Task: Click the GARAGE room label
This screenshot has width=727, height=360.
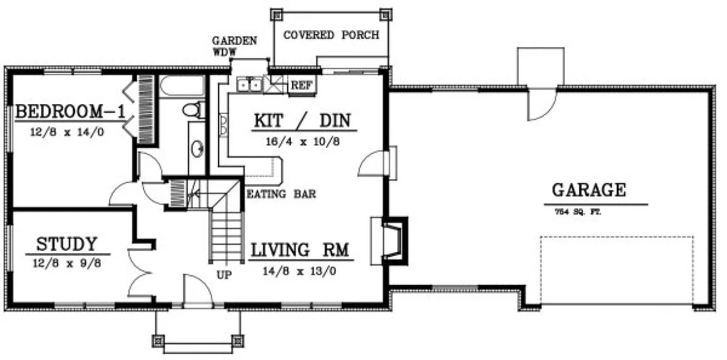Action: pos(588,190)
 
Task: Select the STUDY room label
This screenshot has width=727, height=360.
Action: pos(67,243)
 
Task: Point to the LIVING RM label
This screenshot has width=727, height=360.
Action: pos(300,250)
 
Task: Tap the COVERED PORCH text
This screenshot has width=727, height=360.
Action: pos(330,35)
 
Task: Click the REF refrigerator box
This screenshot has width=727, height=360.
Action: pos(301,84)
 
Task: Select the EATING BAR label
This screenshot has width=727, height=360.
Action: pos(281,194)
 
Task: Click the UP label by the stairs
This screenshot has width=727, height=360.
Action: pos(224,276)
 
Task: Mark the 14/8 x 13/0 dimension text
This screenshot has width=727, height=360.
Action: pos(300,269)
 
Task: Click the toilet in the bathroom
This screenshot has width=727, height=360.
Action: pos(193,110)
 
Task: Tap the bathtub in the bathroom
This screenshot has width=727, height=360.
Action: pos(181,86)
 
